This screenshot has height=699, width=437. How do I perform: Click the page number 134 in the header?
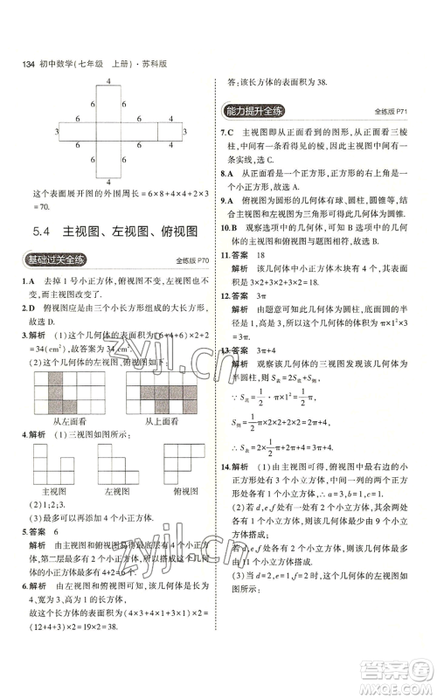point(21,65)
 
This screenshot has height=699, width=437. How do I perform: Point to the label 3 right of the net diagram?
point(185,131)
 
